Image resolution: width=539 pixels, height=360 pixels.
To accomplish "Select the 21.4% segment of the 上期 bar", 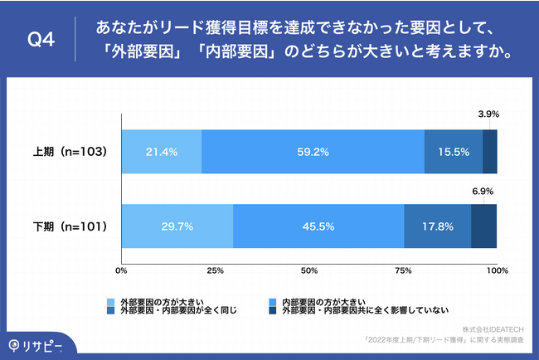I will point(162,152).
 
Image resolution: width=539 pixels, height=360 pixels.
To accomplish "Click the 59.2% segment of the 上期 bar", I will point(313,152).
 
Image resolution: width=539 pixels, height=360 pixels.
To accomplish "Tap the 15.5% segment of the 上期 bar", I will point(453,152).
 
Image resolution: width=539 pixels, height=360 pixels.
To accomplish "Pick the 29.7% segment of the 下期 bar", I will point(177,226).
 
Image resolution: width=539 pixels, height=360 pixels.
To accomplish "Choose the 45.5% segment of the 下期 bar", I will point(318,226).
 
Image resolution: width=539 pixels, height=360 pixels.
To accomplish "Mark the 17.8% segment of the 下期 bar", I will point(437,226).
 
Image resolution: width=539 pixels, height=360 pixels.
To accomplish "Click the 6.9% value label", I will point(483,191).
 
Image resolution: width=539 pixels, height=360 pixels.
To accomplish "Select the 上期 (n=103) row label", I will point(70,152).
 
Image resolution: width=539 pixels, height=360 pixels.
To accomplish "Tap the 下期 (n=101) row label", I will point(70,226).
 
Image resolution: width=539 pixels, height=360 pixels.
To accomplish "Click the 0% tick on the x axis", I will point(122,270).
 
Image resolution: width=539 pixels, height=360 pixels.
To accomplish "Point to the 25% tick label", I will point(216,270).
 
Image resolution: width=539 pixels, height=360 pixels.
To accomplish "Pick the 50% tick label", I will point(309,270).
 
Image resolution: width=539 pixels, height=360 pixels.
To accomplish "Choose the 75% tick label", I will point(403,270).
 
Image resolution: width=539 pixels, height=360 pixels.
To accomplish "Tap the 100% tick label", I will point(496,270).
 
